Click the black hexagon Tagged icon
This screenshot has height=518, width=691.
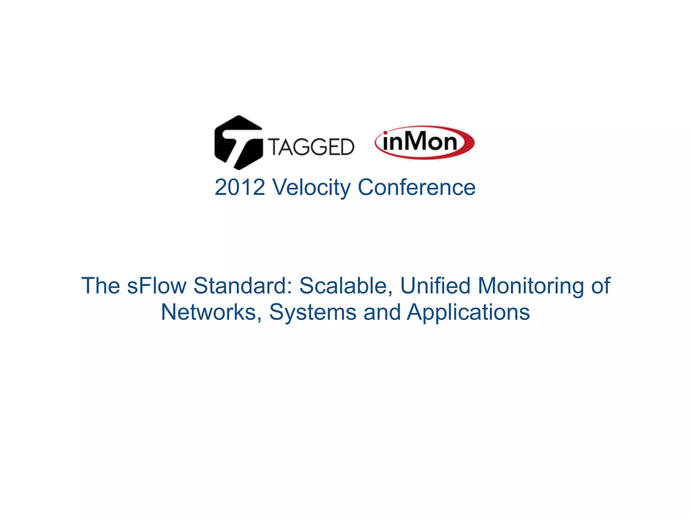[238, 142]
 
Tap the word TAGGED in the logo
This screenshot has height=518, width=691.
[311, 147]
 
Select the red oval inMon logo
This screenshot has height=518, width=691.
[424, 143]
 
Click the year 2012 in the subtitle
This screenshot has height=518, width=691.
[240, 187]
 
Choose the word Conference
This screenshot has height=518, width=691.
[416, 187]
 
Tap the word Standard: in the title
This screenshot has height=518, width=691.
[243, 286]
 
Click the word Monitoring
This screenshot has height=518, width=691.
[531, 286]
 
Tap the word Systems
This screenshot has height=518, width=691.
[312, 312]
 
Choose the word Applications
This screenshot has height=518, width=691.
[468, 312]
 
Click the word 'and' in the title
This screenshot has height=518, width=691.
[382, 312]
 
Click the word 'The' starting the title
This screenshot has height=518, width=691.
[101, 286]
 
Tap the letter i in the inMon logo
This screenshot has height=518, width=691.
[386, 141]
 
